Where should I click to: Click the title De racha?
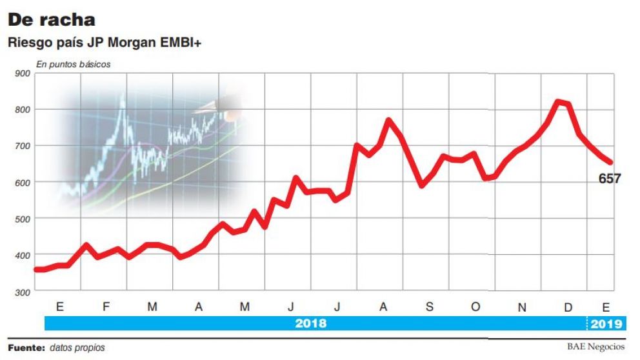[x=52, y=20]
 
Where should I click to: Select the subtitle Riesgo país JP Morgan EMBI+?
[x=106, y=43]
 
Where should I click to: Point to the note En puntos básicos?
[x=73, y=64]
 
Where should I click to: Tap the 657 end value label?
[x=609, y=179]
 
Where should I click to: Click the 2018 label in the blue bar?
[x=311, y=323]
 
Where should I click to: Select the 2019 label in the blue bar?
[x=606, y=323]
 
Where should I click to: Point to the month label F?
[x=106, y=307]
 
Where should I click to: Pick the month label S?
[x=429, y=307]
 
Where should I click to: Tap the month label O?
[x=475, y=307]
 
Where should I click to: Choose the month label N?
[x=521, y=307]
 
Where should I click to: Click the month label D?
[x=568, y=307]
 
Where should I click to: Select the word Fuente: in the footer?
[x=26, y=347]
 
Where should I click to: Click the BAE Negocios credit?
[x=595, y=346]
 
